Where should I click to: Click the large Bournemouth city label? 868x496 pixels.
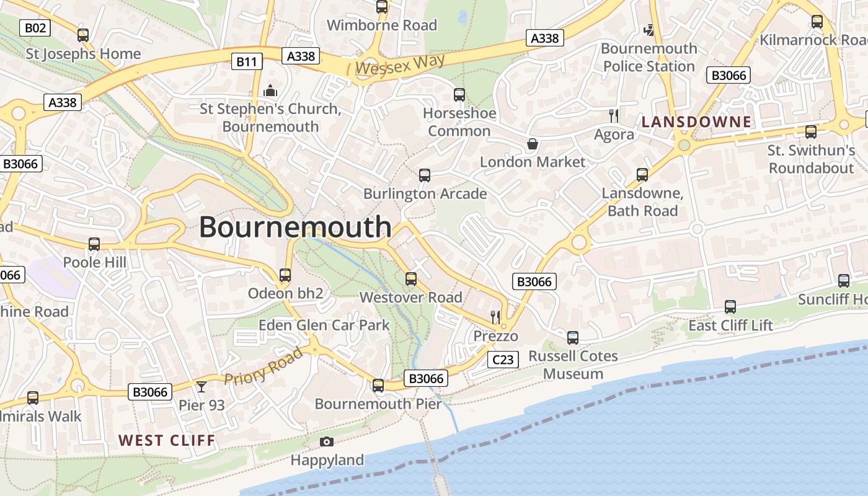pyautogui.click(x=295, y=227)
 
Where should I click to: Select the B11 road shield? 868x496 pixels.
pyautogui.click(x=247, y=61)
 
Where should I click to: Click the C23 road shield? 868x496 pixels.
pyautogui.click(x=502, y=360)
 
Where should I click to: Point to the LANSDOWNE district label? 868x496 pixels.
pyautogui.click(x=696, y=122)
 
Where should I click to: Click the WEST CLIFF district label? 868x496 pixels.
pyautogui.click(x=167, y=441)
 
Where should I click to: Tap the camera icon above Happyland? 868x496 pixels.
pyautogui.click(x=327, y=441)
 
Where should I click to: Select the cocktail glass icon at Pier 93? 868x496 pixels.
pyautogui.click(x=201, y=387)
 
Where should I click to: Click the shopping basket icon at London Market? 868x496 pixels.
pyautogui.click(x=532, y=144)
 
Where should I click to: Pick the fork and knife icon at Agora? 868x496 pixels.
pyautogui.click(x=614, y=115)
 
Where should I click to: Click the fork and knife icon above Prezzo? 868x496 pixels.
pyautogui.click(x=495, y=317)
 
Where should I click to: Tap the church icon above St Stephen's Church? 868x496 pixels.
pyautogui.click(x=270, y=91)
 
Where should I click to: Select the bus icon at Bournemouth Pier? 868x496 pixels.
pyautogui.click(x=378, y=386)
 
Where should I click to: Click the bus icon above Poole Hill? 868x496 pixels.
pyautogui.click(x=94, y=244)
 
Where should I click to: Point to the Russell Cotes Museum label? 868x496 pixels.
pyautogui.click(x=573, y=365)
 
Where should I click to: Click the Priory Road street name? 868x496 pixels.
pyautogui.click(x=263, y=366)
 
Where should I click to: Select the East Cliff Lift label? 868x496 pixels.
pyautogui.click(x=731, y=325)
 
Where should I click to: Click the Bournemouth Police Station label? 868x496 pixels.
pyautogui.click(x=649, y=57)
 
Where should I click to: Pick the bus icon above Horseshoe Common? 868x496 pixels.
pyautogui.click(x=459, y=95)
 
